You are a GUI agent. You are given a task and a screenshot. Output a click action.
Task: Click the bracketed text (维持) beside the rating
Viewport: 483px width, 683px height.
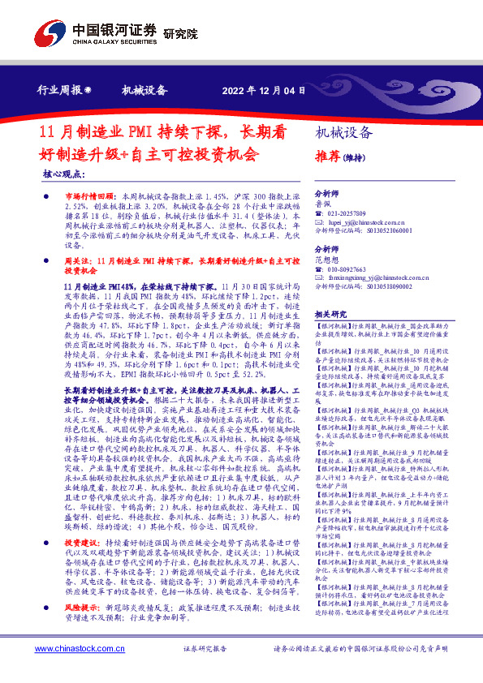coord(353,157)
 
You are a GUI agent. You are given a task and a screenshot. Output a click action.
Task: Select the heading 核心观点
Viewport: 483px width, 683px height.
coord(64,174)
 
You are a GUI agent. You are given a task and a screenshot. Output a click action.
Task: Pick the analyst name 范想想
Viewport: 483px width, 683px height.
coord(327,261)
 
